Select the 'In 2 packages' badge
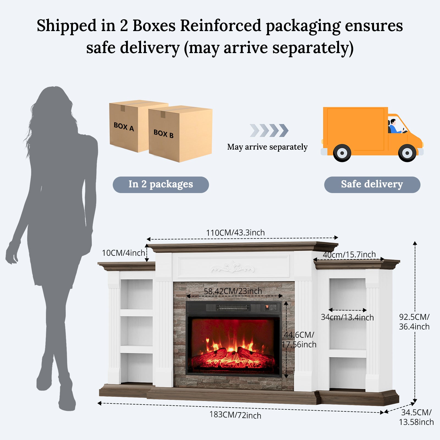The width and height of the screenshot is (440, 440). coord(161,185)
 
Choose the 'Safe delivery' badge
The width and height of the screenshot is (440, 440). coord(372,185)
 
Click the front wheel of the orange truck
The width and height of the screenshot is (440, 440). coord(407,153)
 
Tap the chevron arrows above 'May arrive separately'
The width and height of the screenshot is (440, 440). coord(269,130)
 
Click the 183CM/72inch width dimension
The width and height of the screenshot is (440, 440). coord(235,415)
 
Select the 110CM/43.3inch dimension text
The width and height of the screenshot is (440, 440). coord(235,233)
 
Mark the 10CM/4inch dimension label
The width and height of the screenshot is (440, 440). coord(123,253)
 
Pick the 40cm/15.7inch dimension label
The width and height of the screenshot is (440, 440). coord(349,255)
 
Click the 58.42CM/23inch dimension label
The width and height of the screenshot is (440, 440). coord(233,291)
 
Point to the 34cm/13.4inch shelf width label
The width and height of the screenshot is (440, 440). coord(347,317)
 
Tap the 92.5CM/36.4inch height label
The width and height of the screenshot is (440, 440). coord(414,322)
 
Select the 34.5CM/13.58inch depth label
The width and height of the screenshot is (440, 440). coord(416,417)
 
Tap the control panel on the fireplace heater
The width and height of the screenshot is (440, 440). coord(271,307)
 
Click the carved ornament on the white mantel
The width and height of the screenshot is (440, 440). coord(233,268)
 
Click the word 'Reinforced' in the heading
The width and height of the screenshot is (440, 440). coord(221,26)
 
